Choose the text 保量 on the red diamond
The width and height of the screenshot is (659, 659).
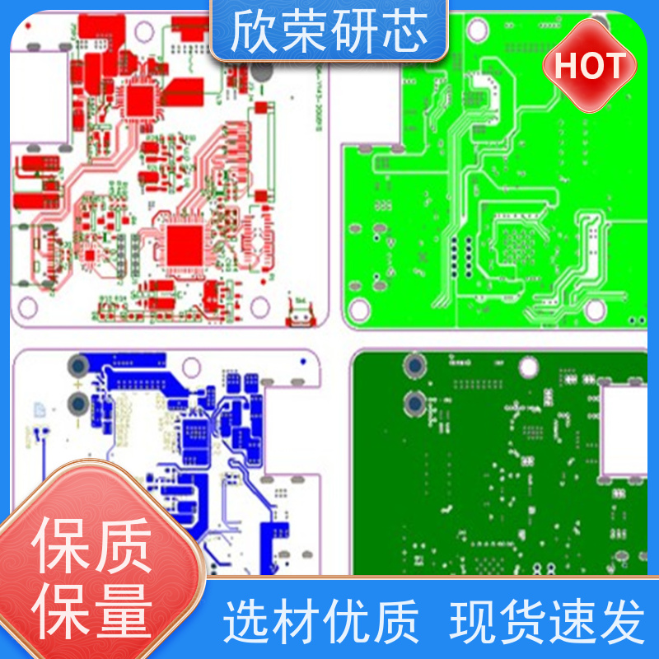92,610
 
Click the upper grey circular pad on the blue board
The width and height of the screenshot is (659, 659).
79,365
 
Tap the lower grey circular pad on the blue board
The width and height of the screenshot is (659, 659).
79,403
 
